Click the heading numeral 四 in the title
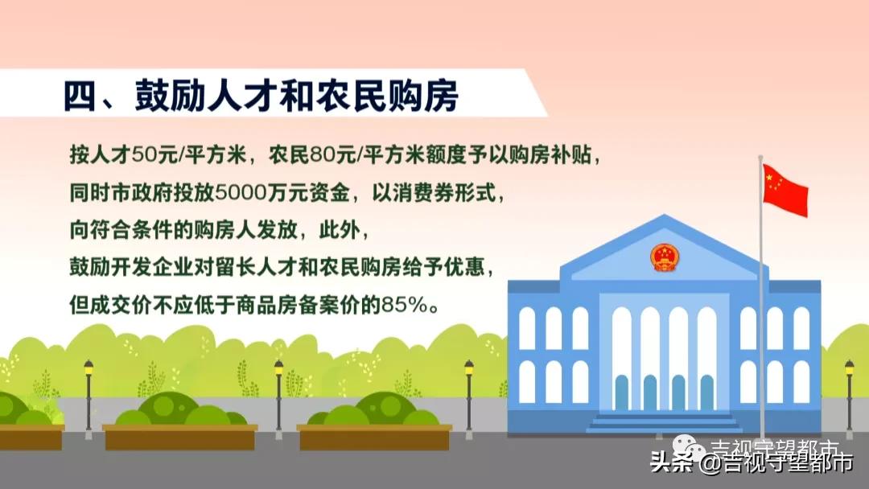(x=81, y=95)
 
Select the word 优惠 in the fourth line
(x=467, y=268)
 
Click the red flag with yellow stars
(x=785, y=190)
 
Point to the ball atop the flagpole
(x=760, y=158)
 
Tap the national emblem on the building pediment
(x=664, y=258)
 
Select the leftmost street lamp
(x=89, y=394)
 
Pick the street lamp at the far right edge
(x=849, y=394)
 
